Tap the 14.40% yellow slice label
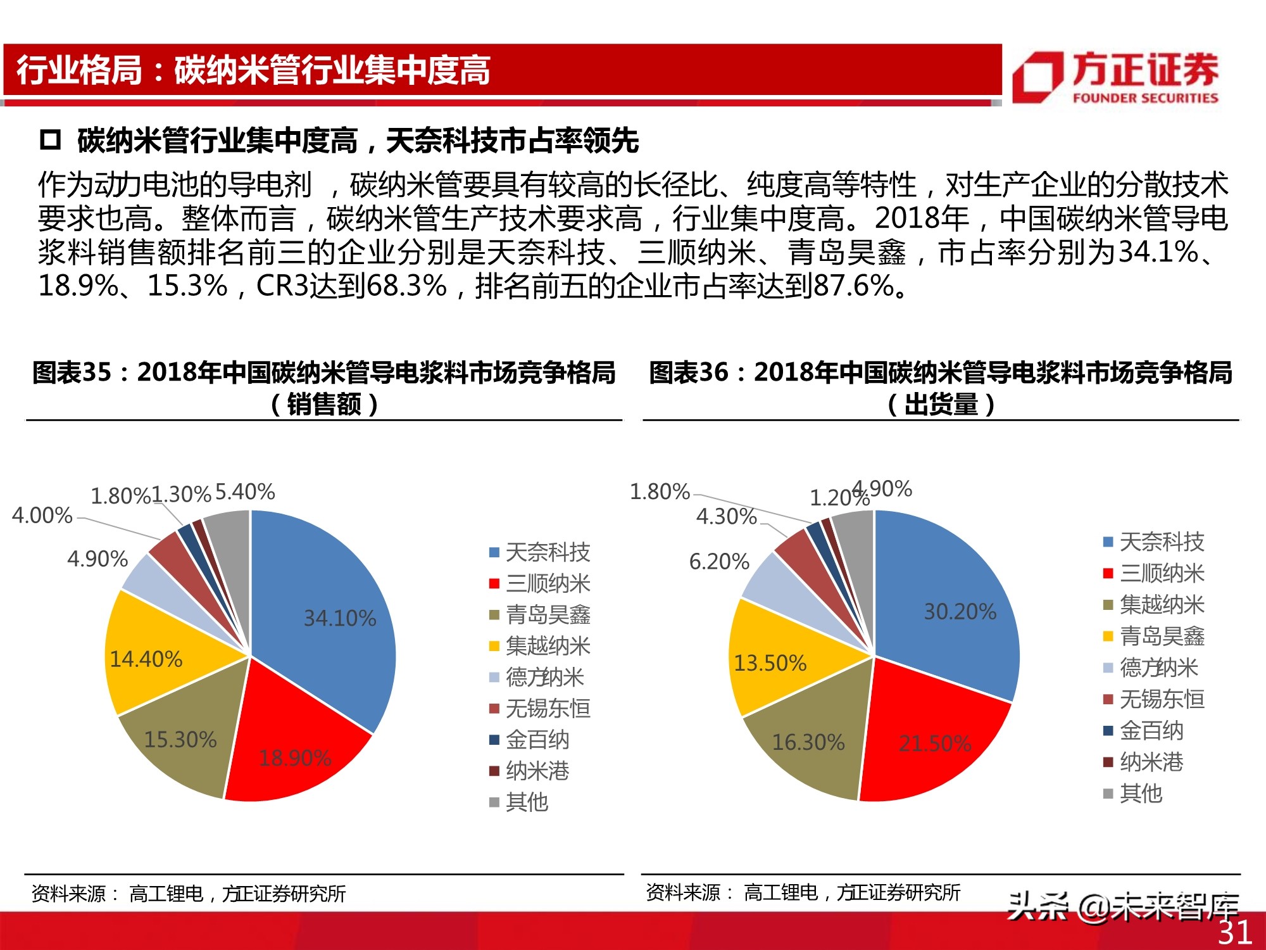pyautogui.click(x=146, y=659)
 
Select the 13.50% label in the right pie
pyautogui.click(x=770, y=663)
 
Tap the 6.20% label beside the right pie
pyautogui.click(x=719, y=561)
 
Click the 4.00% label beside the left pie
pyautogui.click(x=42, y=516)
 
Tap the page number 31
pyautogui.click(x=1234, y=932)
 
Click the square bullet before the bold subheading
pyautogui.click(x=50, y=140)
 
